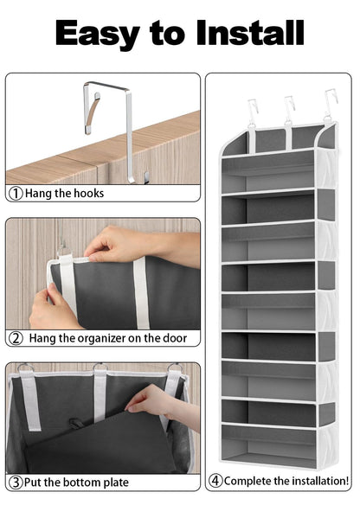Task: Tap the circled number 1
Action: [16, 193]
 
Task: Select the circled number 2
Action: [16, 338]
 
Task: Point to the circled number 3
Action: [16, 482]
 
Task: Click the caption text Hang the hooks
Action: [64, 193]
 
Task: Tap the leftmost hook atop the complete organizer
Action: [253, 110]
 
